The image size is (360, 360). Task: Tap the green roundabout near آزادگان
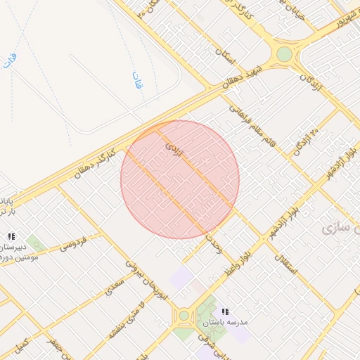tap(283, 54)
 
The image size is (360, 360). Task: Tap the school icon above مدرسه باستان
tap(225, 311)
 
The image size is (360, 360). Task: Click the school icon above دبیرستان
tap(11, 237)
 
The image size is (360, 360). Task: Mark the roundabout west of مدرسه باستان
tap(184, 316)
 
